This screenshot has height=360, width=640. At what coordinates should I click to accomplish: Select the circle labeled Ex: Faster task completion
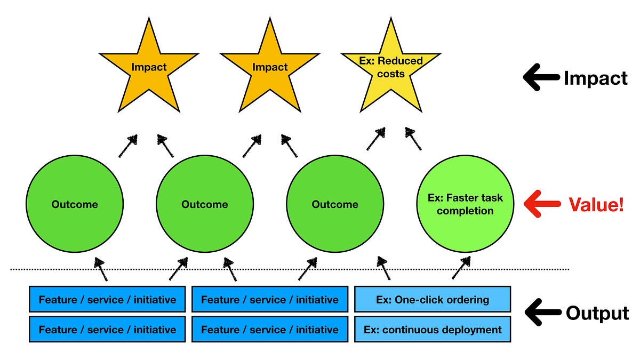click(x=465, y=204)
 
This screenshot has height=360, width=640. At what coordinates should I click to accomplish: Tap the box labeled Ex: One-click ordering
click(x=433, y=299)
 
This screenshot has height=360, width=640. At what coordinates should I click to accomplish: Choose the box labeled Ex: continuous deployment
click(x=433, y=330)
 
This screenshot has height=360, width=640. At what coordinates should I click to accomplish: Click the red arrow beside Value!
click(x=542, y=205)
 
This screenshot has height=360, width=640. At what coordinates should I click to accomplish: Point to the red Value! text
click(x=596, y=205)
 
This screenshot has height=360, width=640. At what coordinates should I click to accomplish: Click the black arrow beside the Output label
click(x=542, y=313)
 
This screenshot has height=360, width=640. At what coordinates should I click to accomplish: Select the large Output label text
click(x=597, y=313)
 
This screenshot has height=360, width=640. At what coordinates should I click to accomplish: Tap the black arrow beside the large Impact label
click(x=541, y=78)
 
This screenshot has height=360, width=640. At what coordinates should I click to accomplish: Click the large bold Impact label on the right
click(x=596, y=78)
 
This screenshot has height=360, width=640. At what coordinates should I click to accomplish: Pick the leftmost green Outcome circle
click(x=74, y=204)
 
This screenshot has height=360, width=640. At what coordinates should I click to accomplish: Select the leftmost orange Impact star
click(x=149, y=69)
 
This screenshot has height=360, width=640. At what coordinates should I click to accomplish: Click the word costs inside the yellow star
click(x=390, y=73)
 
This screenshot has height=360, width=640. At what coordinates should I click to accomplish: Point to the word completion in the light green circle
click(x=465, y=211)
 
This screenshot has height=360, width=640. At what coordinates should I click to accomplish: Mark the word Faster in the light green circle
click(x=464, y=198)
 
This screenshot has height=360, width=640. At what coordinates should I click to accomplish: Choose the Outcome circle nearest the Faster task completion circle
click(x=335, y=204)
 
